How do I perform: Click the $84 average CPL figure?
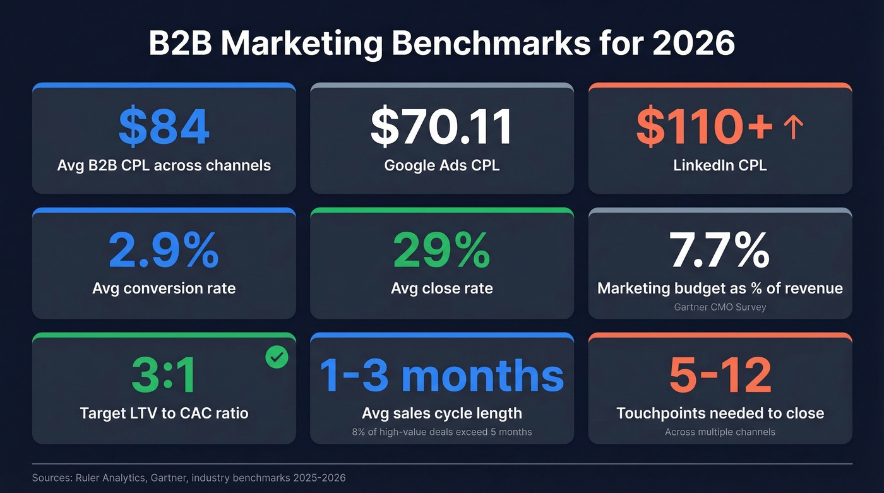[x=164, y=127]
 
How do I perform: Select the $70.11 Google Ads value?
[x=441, y=127]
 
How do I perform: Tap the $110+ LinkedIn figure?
[x=704, y=127]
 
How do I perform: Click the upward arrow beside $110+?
[x=793, y=128]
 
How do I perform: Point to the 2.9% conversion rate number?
[x=164, y=251]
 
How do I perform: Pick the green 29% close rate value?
[x=441, y=251]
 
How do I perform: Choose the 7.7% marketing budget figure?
[x=720, y=251]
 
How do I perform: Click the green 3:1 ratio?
[x=164, y=376]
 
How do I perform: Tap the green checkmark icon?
[x=277, y=357]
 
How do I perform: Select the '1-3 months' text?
[x=441, y=376]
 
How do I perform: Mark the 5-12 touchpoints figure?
[x=720, y=376]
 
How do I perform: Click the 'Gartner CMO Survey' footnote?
[x=720, y=306]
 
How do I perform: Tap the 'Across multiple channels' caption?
[x=720, y=432]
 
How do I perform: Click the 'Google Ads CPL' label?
[x=441, y=166]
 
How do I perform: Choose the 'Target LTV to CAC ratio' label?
[x=164, y=413]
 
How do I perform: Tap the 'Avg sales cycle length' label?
[x=441, y=413]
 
